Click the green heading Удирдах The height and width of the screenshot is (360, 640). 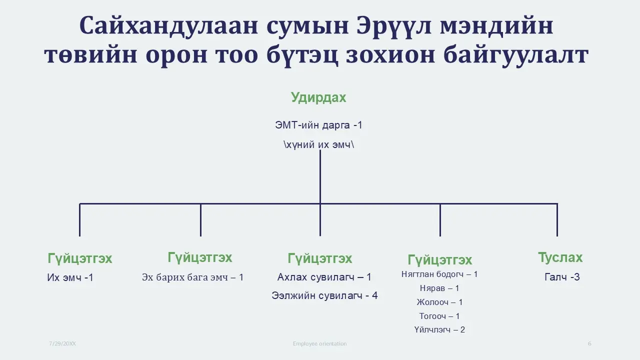point(318,97)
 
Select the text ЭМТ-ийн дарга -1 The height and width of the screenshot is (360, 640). point(318,125)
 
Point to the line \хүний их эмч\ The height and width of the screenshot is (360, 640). point(318,144)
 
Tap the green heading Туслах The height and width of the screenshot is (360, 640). point(560,257)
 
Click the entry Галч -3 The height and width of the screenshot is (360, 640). point(562,277)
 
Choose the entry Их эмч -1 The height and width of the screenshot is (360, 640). point(70,277)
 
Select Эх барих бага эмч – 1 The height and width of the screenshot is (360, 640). point(193,277)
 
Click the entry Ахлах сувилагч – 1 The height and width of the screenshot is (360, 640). point(324,277)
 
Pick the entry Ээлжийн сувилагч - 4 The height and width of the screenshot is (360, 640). point(324,295)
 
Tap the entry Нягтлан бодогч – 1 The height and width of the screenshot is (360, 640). point(439,274)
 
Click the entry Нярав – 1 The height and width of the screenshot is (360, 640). point(439,288)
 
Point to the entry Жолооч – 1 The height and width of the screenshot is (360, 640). point(439,302)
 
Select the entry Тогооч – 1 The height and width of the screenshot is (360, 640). point(439,316)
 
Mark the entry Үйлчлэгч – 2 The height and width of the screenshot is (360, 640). point(439,329)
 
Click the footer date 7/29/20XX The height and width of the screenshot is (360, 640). point(62,343)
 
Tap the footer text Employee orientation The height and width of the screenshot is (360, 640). point(319,343)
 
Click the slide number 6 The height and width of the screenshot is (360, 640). point(589,343)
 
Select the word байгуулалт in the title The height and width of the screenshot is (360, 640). point(516,55)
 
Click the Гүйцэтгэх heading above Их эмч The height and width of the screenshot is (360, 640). point(79,258)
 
